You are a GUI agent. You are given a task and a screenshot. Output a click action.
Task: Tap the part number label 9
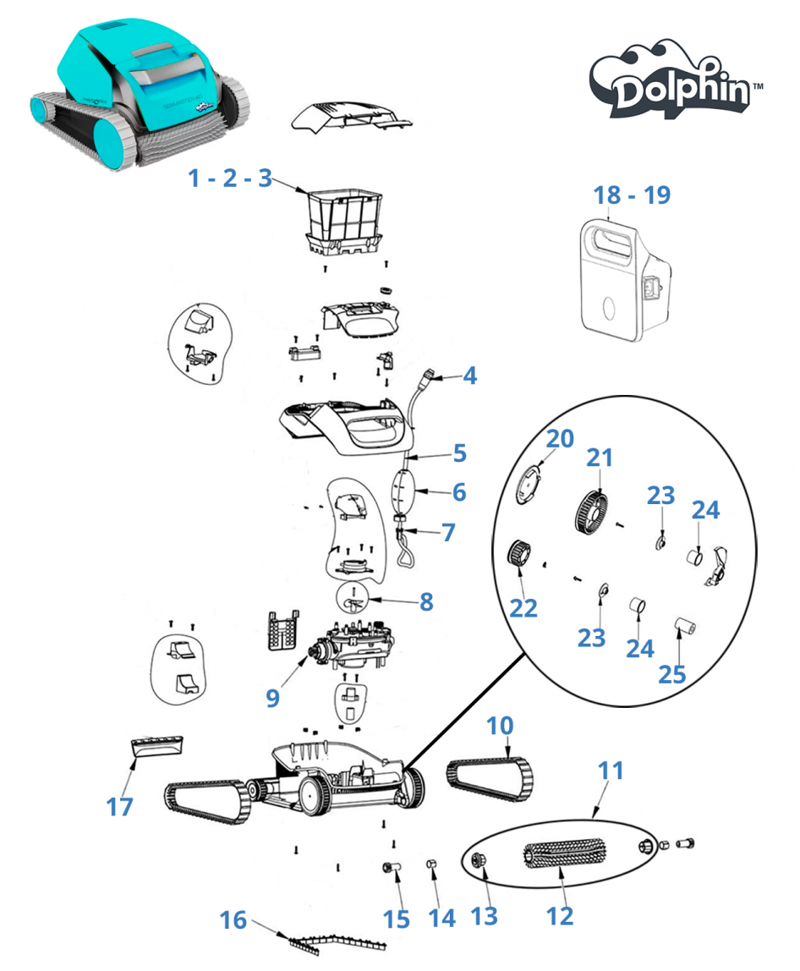tap(271, 697)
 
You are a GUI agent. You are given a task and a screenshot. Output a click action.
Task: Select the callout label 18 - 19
tap(632, 195)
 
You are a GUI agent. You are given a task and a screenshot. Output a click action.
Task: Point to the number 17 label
tap(120, 807)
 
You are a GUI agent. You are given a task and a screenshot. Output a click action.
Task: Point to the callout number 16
tap(233, 919)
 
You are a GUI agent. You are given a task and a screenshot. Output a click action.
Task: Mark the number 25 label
tap(673, 674)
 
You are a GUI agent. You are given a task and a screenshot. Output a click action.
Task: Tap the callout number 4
tap(468, 376)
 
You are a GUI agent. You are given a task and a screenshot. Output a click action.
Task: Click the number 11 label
tap(611, 771)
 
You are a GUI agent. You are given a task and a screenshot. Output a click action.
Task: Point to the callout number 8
tap(426, 601)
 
